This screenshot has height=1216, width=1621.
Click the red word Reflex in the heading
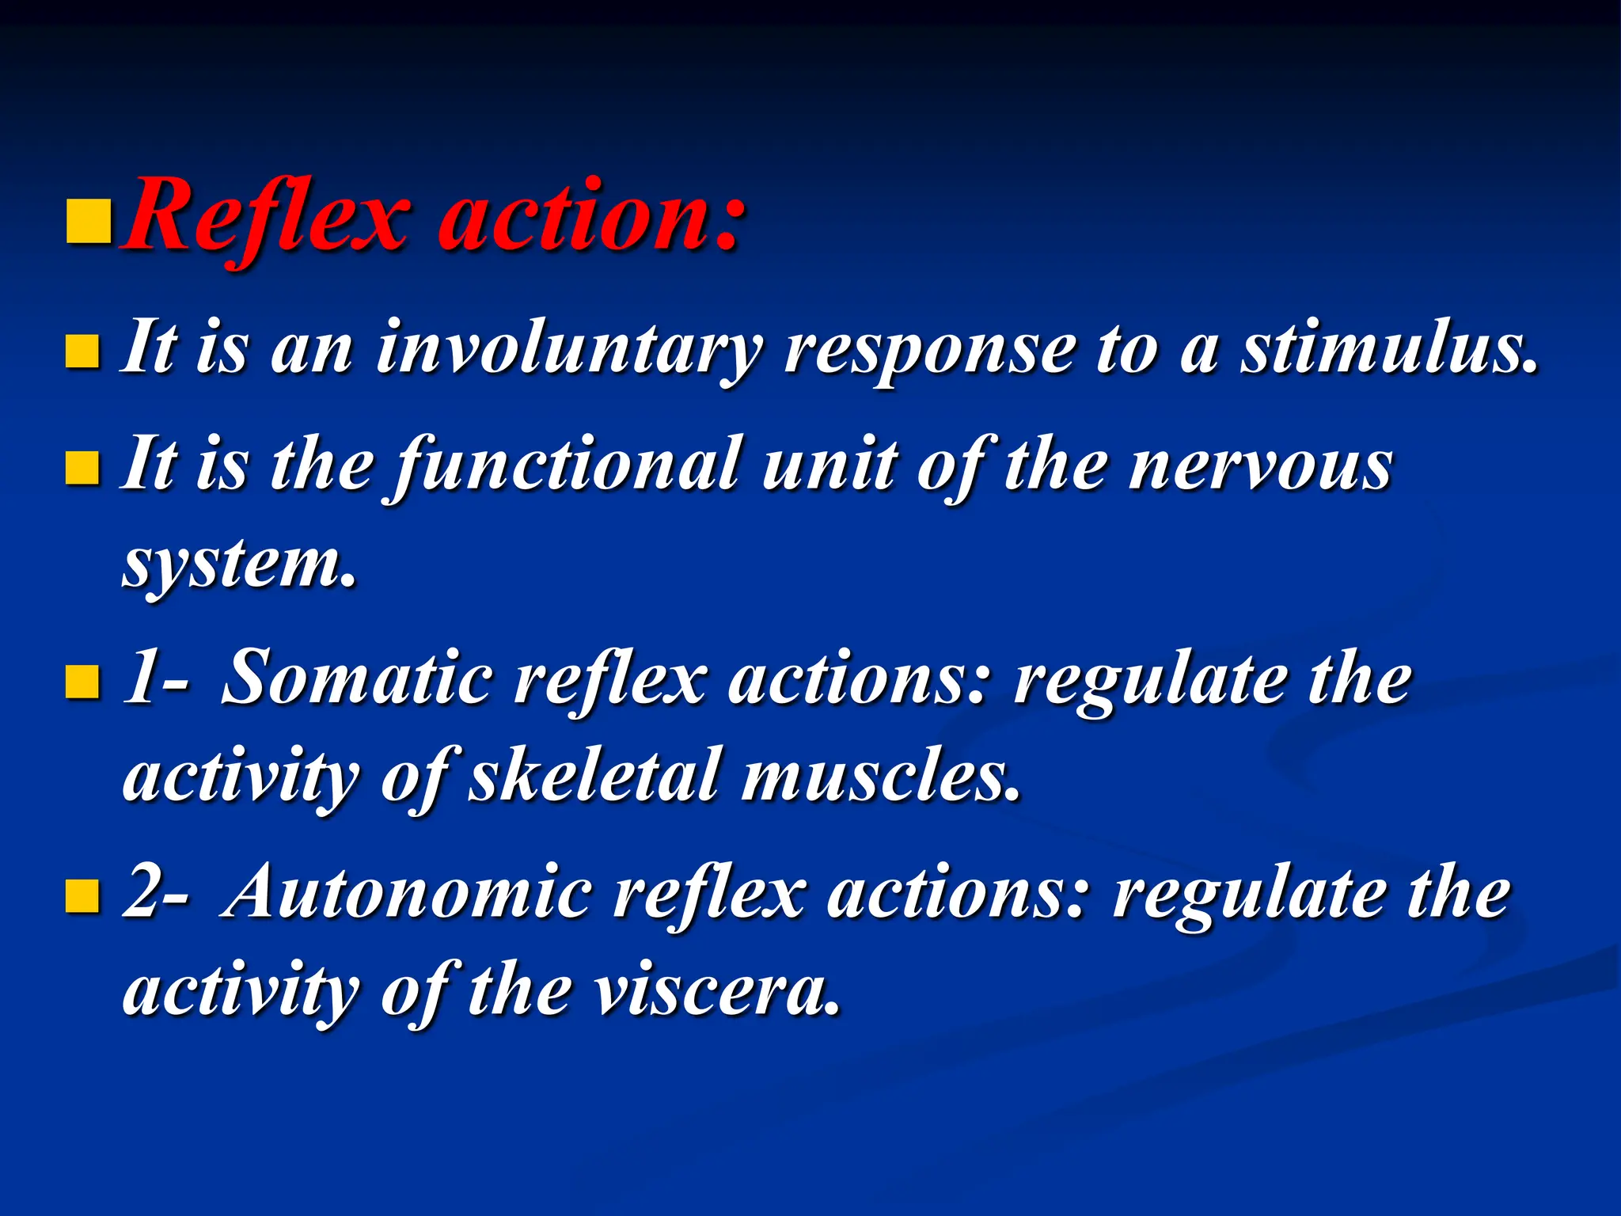[x=265, y=215]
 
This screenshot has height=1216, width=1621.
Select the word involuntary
[x=568, y=348]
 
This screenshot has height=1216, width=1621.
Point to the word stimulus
[x=1389, y=348]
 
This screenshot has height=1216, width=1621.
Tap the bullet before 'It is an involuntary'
[x=82, y=351]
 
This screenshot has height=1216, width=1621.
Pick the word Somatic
[x=356, y=679]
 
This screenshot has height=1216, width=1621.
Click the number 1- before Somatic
[x=155, y=679]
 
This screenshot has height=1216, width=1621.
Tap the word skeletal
[x=594, y=776]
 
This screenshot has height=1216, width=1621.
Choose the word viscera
[x=716, y=991]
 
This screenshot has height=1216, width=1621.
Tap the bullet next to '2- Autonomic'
[x=82, y=896]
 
